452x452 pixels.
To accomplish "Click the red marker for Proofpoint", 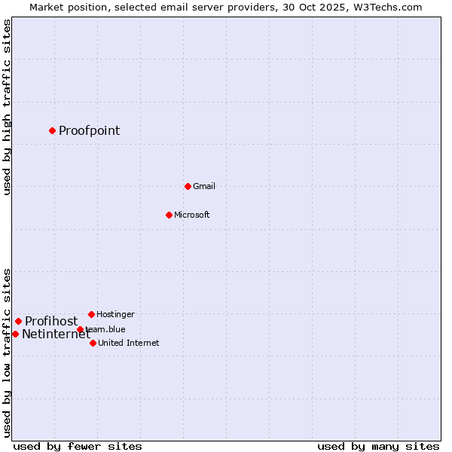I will [x=52, y=130].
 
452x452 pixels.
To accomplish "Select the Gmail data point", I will [x=188, y=186].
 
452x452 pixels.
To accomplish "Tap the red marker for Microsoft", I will [x=169, y=215].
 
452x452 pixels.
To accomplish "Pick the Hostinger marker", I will [x=91, y=314].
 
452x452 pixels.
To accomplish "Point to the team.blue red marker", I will [x=80, y=329].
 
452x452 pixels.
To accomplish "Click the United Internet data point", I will [x=93, y=343].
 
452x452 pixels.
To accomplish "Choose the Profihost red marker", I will [x=18, y=321].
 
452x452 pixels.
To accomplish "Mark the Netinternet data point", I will [x=15, y=334].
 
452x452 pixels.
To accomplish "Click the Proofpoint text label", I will [x=89, y=131].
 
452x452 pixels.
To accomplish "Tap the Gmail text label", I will [x=203, y=186].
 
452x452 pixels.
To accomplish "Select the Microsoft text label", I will [x=191, y=215].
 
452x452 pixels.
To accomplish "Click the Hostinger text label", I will [x=115, y=314].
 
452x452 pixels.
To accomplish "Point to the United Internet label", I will [x=128, y=343].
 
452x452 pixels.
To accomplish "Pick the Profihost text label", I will [x=51, y=321].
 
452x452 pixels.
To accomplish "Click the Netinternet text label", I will [x=56, y=334].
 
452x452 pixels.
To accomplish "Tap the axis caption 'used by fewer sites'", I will [x=78, y=446].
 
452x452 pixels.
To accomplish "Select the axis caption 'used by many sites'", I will [x=378, y=446].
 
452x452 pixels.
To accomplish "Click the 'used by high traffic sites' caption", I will [x=7, y=107].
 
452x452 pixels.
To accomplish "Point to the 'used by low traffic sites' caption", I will [x=7, y=353].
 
